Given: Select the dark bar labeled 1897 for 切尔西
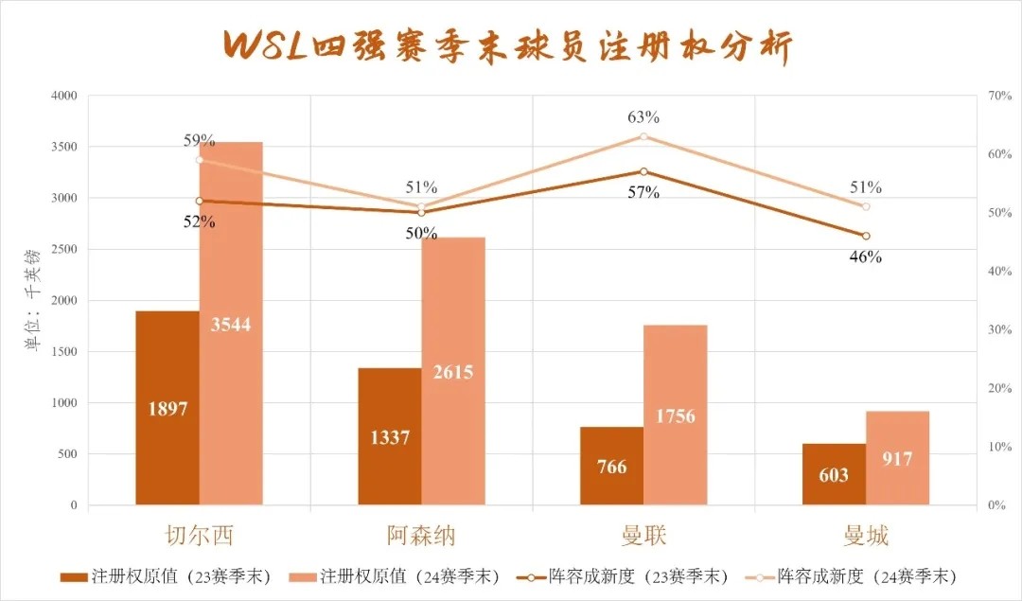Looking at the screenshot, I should pos(167,408).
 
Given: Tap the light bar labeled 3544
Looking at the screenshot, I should pos(231,324).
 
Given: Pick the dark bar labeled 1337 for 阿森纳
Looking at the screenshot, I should pos(389,436).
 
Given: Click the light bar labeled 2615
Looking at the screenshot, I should pos(453,371).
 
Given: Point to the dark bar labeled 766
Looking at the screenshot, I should pos(611,466).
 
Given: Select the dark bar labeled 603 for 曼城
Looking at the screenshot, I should pos(834,474).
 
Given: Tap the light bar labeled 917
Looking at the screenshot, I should pos(897,458).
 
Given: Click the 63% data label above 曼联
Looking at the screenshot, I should pos(643,117).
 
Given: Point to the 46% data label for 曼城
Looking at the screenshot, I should pos(866,256).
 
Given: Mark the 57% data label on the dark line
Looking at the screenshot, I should pos(643,192).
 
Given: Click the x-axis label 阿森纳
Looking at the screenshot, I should pos(421,536).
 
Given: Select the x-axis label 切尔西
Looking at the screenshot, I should pos(199,536).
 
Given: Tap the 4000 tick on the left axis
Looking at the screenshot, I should pos(63,96).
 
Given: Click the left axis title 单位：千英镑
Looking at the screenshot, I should pos(32,301).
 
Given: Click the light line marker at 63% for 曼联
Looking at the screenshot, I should pos(643,136).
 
